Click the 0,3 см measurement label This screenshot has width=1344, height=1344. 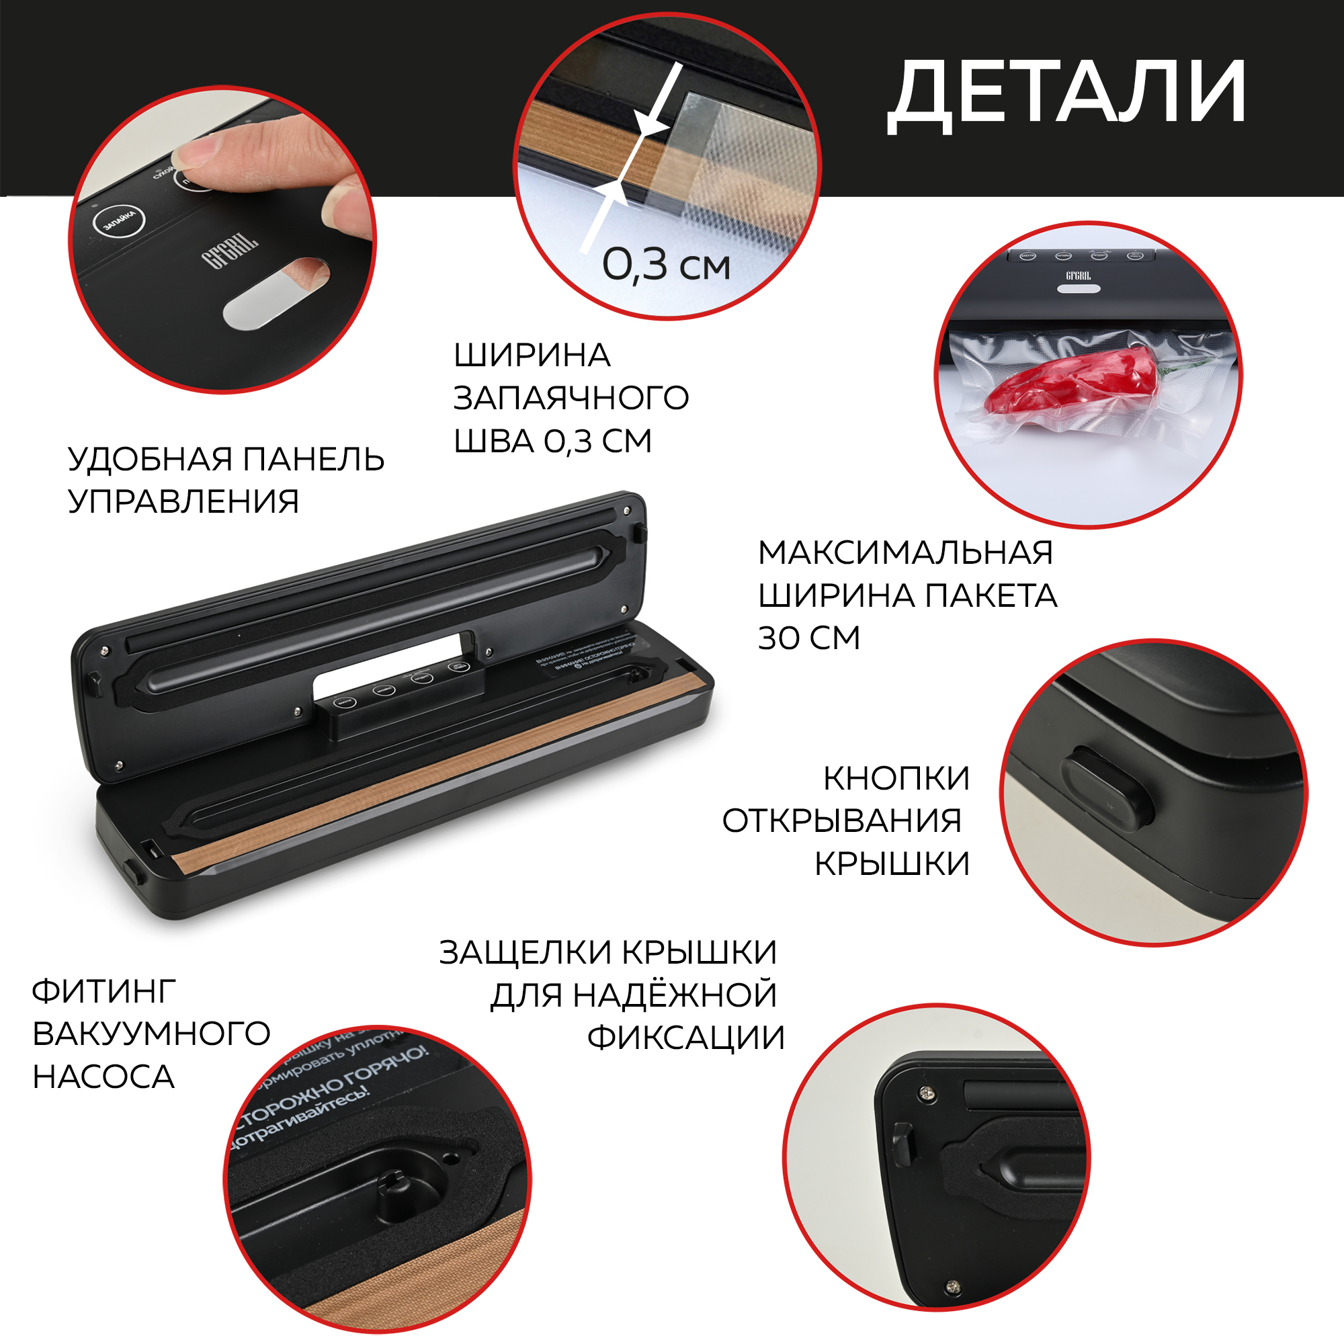pyautogui.click(x=666, y=265)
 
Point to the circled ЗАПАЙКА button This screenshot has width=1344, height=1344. pyautogui.click(x=119, y=221)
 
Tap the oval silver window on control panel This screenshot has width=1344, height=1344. pyautogui.click(x=276, y=293)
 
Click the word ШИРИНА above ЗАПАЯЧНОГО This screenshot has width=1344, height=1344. pyautogui.click(x=532, y=355)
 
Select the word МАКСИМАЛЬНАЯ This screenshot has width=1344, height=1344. pyautogui.click(x=905, y=553)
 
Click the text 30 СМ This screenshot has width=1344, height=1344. pyautogui.click(x=808, y=638)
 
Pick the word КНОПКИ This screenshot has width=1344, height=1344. pyautogui.click(x=896, y=778)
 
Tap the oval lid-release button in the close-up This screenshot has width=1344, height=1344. pyautogui.click(x=1107, y=788)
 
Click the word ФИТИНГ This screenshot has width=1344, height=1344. pyautogui.click(x=103, y=991)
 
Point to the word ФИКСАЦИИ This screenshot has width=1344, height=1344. pyautogui.click(x=685, y=1038)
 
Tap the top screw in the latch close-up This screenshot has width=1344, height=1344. pyautogui.click(x=926, y=1093)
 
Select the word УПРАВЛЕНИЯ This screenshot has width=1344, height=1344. pyautogui.click(x=183, y=501)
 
